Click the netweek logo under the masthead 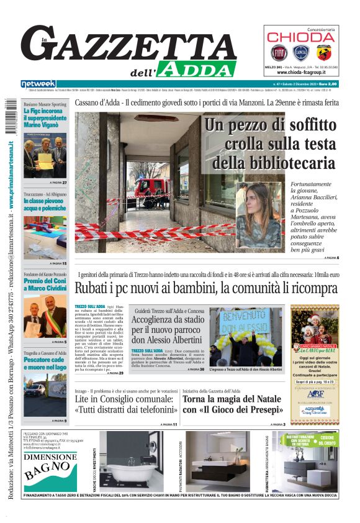pyautogui.click(x=39, y=84)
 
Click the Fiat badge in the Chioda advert pyautogui.click(x=277, y=52)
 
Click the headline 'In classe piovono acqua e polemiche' pyautogui.click(x=45, y=206)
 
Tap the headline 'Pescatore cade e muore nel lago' pyautogui.click(x=45, y=363)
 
